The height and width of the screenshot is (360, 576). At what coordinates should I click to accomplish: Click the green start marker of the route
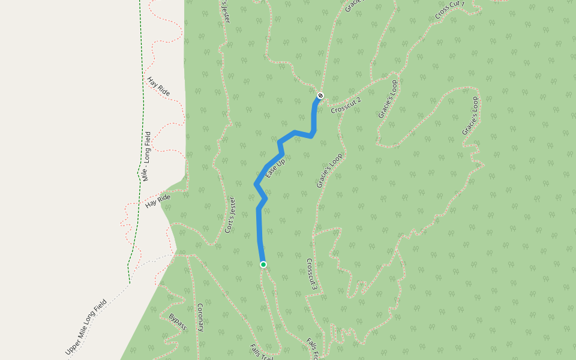click(263, 265)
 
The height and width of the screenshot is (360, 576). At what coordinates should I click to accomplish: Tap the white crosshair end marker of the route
click(320, 95)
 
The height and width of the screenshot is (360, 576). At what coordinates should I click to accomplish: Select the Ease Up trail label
click(275, 167)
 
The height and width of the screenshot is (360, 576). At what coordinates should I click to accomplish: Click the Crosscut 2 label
click(346, 105)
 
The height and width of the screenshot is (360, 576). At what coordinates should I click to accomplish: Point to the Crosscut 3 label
click(311, 275)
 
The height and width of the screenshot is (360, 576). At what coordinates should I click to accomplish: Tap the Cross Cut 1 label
click(450, 10)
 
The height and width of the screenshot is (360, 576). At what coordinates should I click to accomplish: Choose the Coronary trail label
click(201, 317)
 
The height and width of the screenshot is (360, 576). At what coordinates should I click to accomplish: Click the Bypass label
click(178, 322)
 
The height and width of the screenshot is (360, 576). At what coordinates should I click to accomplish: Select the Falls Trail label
click(262, 352)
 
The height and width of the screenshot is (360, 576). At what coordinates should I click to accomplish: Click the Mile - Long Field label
click(147, 156)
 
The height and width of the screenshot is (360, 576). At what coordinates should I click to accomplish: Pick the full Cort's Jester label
click(230, 215)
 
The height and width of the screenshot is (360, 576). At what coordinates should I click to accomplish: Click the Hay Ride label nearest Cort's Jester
click(158, 202)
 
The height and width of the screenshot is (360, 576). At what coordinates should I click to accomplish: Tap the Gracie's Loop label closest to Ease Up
click(329, 170)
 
